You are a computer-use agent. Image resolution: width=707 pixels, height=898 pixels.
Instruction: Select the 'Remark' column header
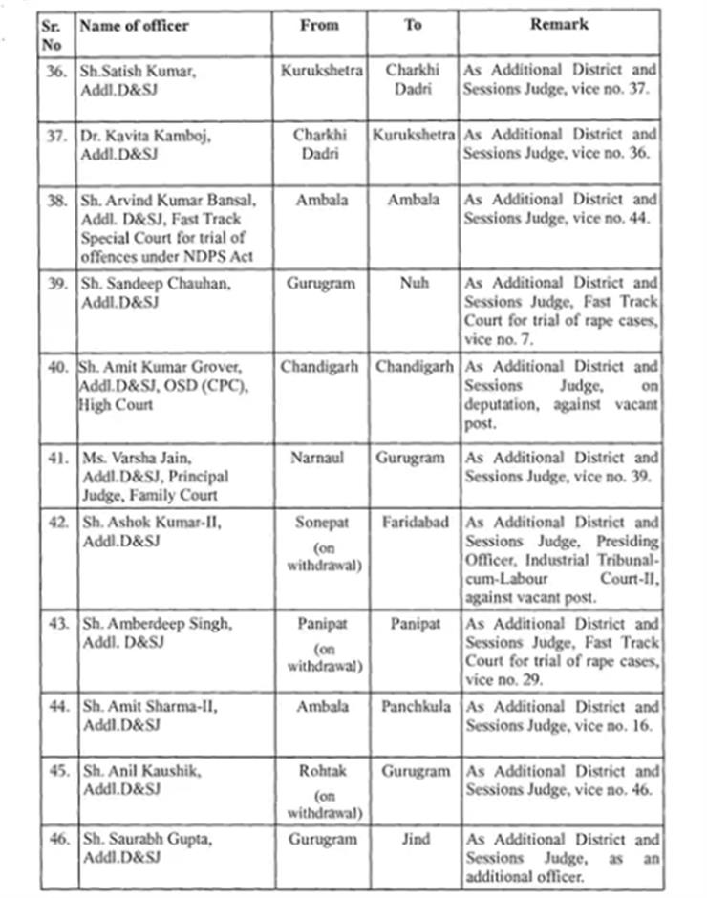[x=560, y=26]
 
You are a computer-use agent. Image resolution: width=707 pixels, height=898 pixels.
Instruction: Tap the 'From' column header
[x=319, y=26]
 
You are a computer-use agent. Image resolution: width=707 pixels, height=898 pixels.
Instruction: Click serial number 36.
[x=57, y=71]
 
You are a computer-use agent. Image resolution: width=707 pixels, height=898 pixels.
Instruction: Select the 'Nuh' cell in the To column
[x=413, y=284]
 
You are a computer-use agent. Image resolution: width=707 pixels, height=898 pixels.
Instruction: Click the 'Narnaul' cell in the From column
[x=320, y=459]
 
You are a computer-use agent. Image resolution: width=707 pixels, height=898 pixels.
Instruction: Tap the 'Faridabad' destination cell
[x=414, y=523]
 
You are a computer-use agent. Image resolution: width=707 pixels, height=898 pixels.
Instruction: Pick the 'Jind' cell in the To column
[x=414, y=840]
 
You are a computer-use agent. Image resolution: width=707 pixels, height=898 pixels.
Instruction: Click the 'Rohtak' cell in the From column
[x=320, y=771]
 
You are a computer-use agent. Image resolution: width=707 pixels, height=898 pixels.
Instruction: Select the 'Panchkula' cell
[x=414, y=707]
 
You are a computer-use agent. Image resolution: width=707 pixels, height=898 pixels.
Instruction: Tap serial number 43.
[x=57, y=624]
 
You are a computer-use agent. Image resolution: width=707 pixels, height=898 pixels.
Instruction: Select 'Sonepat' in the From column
[x=320, y=523]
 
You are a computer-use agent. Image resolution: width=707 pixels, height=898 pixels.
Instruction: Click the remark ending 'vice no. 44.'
[x=561, y=209]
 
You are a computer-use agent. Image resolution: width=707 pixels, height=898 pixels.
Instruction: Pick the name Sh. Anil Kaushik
[x=140, y=771]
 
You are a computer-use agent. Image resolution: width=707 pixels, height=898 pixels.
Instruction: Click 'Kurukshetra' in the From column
[x=320, y=71]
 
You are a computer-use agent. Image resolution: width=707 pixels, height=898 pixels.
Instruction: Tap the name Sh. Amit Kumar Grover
[x=159, y=368]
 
